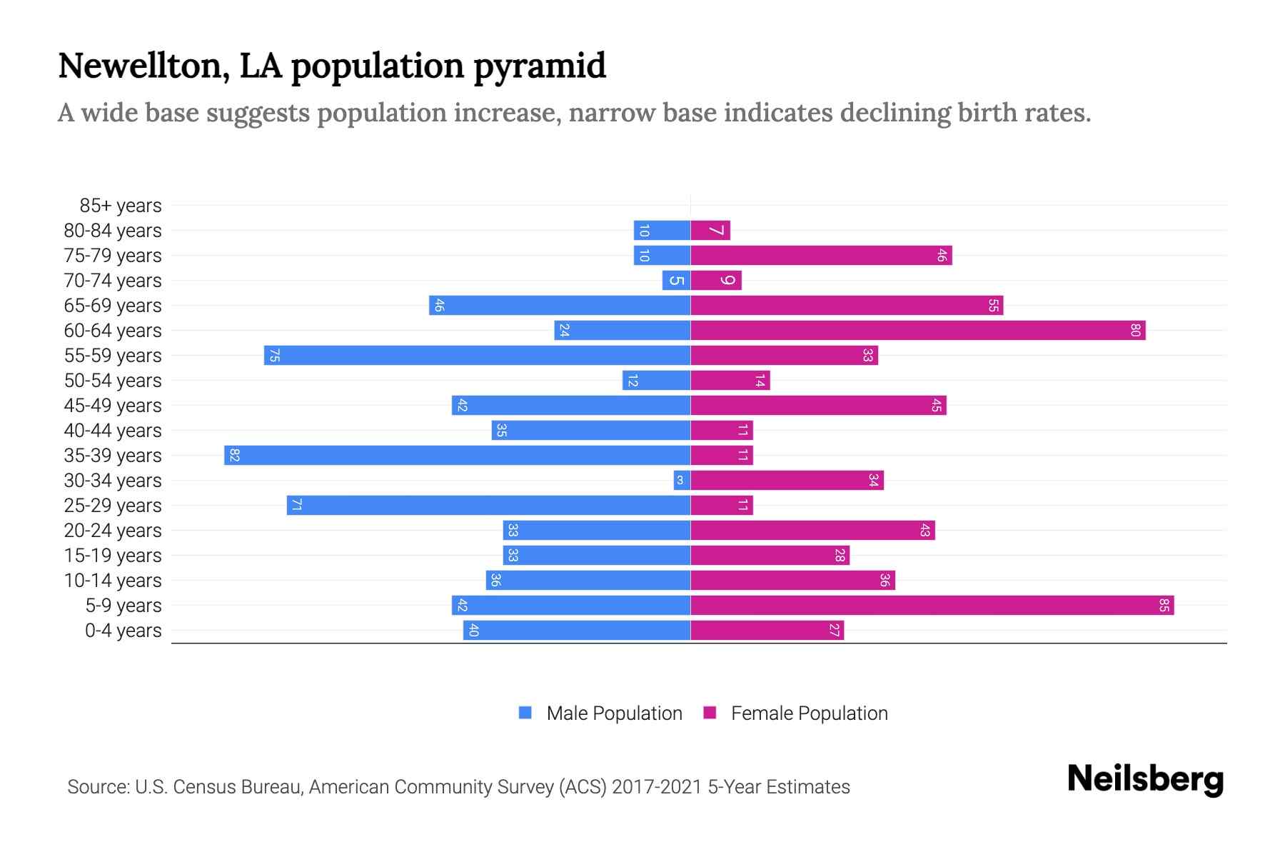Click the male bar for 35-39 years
(457, 456)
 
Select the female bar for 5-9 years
(932, 606)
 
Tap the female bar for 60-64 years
(917, 331)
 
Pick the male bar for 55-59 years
(477, 356)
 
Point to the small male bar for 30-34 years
(682, 481)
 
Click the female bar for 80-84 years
(710, 231)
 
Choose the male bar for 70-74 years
(676, 281)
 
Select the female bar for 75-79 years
(821, 256)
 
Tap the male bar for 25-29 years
(488, 506)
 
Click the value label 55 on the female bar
(993, 306)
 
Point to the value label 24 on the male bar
(564, 331)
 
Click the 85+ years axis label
(120, 206)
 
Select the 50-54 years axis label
(113, 381)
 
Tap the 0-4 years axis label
(123, 631)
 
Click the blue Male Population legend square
(525, 713)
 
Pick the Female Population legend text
(809, 713)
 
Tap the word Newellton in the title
(143, 66)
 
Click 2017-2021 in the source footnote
(656, 787)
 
